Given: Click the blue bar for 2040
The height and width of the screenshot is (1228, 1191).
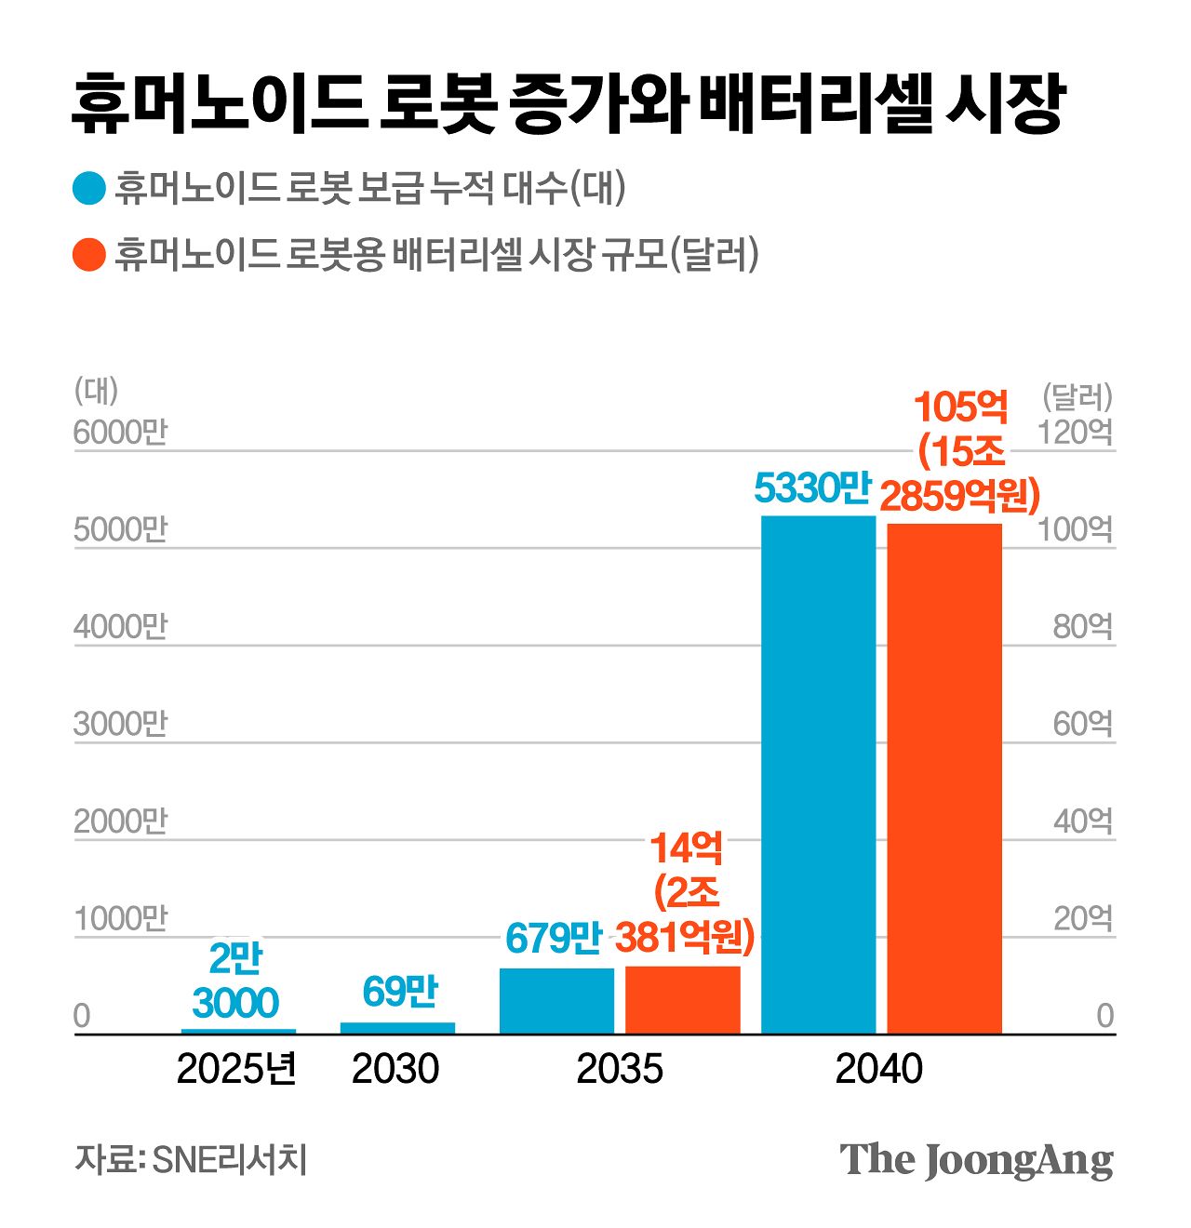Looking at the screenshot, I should (x=818, y=774).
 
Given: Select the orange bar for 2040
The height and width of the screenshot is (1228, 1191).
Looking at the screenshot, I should (x=944, y=778).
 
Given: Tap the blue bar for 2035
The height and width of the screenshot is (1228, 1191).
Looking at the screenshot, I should (x=556, y=1000).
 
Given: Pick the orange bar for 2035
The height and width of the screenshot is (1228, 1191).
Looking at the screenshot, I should (x=683, y=999).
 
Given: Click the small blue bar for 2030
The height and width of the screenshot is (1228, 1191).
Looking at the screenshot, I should (x=397, y=1027).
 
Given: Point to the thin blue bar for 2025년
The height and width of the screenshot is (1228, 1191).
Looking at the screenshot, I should (x=238, y=1030).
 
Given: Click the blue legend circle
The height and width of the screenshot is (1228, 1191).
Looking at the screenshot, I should (x=89, y=189).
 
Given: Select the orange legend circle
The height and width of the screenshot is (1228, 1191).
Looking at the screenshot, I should (x=89, y=254).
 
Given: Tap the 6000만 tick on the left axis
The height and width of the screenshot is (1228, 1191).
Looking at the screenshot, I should (x=120, y=433).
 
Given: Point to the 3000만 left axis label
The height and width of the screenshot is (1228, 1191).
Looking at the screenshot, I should (x=120, y=724).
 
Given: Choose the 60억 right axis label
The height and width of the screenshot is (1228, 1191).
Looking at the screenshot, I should (x=1082, y=724).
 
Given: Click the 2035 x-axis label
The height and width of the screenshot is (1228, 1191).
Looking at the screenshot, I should (x=620, y=1069).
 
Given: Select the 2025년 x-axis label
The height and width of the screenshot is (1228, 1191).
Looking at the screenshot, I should (x=236, y=1069).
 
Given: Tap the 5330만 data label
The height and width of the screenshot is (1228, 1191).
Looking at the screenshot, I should (x=811, y=487).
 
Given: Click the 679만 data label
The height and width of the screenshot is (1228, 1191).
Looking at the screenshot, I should (x=554, y=939).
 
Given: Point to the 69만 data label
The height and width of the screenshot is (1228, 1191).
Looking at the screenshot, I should (x=400, y=993).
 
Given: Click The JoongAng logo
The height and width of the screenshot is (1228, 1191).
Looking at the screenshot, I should (x=976, y=1159).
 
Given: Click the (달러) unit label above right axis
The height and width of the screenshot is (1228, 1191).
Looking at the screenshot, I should (x=1077, y=397).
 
